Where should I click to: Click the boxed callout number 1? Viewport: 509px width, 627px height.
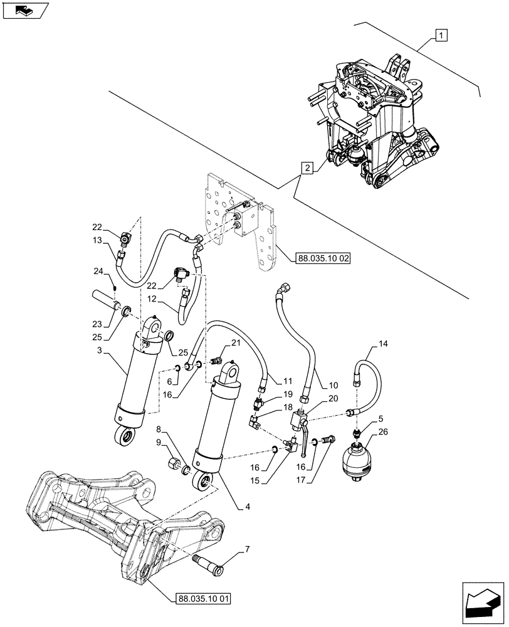(x=441, y=35)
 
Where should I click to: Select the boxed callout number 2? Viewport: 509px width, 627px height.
(x=307, y=168)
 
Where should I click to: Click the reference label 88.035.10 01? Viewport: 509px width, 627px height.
(x=200, y=599)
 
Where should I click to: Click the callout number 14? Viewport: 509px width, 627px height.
(x=383, y=344)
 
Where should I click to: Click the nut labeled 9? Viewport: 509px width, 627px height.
(x=173, y=466)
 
